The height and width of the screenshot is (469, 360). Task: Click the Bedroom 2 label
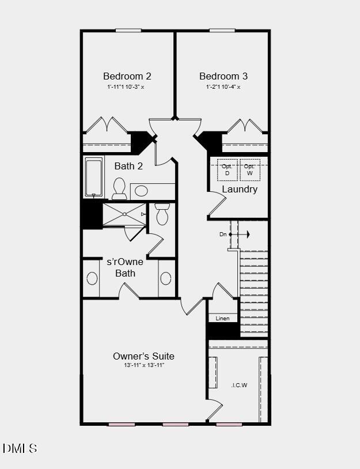tap(127, 76)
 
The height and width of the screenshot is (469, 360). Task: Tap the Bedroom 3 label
tap(223, 76)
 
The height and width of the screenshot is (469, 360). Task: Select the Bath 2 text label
tap(128, 167)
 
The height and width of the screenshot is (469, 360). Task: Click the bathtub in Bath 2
tap(94, 177)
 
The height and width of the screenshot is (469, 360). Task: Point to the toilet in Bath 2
tap(120, 188)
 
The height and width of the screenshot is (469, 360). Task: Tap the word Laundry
tap(240, 190)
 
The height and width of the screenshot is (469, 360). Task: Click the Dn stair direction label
tap(223, 234)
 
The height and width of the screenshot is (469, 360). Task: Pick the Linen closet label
tap(222, 319)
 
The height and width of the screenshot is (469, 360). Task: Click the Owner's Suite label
tap(143, 356)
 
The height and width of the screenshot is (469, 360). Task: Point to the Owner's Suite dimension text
tap(143, 366)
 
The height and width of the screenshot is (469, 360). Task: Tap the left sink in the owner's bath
tap(92, 279)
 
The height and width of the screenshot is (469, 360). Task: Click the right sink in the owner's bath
tap(166, 279)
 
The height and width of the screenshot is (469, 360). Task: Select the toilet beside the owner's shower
tap(162, 215)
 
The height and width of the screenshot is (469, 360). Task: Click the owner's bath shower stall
tap(124, 214)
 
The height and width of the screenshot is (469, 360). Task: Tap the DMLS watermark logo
tap(20, 448)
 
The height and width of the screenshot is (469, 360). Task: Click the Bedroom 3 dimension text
tap(223, 87)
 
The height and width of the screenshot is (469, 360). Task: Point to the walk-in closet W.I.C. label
tap(239, 385)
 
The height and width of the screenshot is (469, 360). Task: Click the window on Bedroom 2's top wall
tap(128, 31)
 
